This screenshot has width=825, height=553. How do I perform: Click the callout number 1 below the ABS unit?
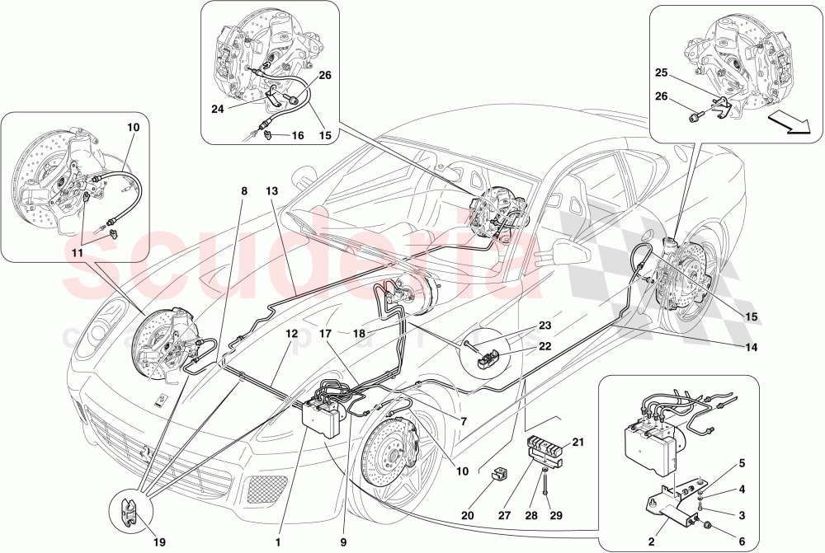tap(279, 543)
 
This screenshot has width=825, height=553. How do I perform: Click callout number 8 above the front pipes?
tap(244, 192)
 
